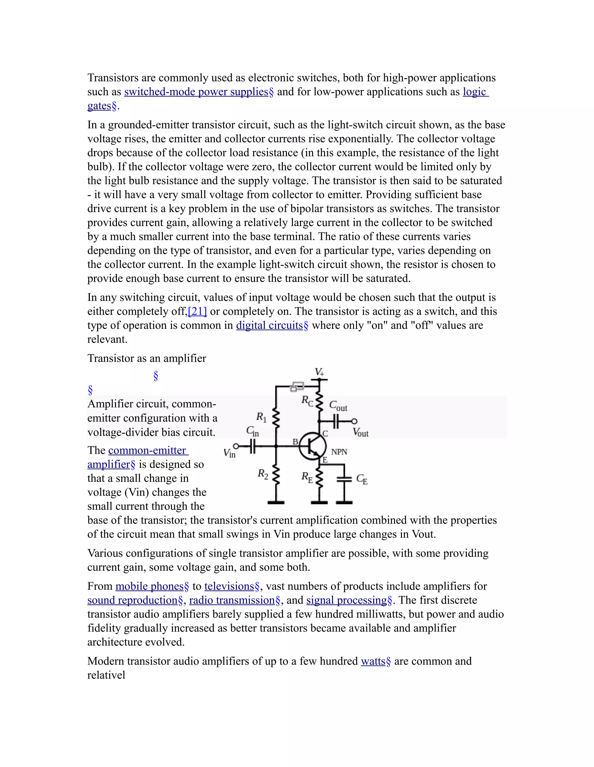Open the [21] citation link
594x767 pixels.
[x=197, y=311]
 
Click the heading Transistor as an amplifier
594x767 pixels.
[x=146, y=358]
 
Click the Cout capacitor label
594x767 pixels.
[x=338, y=406]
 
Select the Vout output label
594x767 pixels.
[x=361, y=432]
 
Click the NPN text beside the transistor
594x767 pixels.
[x=339, y=452]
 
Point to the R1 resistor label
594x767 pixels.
[x=261, y=417]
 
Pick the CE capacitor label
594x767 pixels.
[x=362, y=479]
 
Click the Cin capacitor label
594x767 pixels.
[x=252, y=431]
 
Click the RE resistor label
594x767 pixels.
[x=307, y=477]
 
